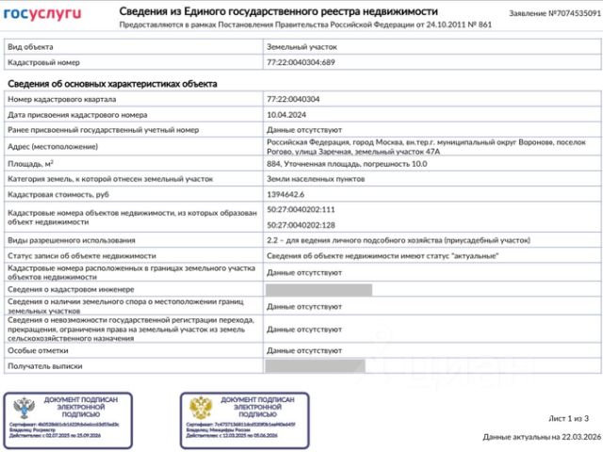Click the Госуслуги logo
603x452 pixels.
42,13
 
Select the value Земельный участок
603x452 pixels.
301,44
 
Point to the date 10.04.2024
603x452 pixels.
289,115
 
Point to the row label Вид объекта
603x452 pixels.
31,44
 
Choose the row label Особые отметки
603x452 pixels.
39,349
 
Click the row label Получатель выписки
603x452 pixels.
45,364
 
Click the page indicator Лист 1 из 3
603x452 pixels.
568,417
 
